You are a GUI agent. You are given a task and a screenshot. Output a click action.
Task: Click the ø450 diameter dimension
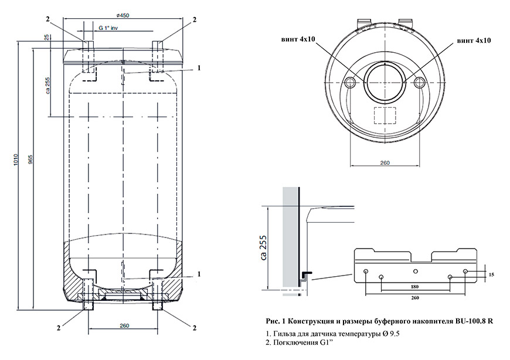[x=123, y=15]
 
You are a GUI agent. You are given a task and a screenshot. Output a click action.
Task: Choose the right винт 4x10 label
[x=474, y=40]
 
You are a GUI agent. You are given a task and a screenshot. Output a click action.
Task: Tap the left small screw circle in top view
[x=350, y=83]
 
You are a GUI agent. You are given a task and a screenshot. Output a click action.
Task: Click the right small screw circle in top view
[x=419, y=83]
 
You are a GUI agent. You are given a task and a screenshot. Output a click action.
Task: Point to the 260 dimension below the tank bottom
[x=124, y=326]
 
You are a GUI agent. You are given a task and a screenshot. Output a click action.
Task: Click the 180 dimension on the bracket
[x=415, y=286]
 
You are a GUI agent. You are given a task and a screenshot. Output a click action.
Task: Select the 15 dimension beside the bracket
[x=491, y=274]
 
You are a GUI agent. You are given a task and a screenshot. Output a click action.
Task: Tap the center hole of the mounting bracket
[x=415, y=271]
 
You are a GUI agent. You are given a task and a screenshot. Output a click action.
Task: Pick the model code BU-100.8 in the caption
[x=468, y=321]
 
